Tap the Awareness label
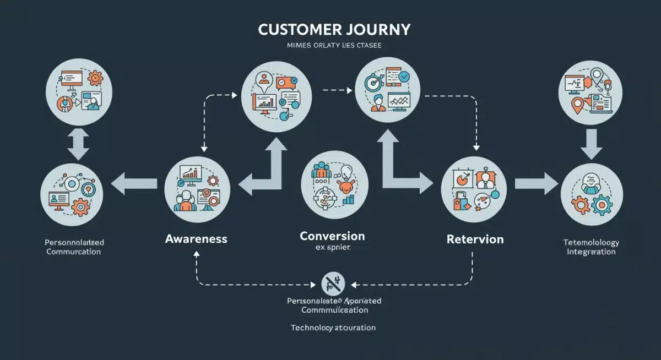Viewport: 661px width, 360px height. tap(196, 239)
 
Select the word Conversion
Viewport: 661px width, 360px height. tap(332, 236)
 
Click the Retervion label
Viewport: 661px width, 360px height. tap(475, 239)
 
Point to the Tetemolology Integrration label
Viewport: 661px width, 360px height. tap(592, 247)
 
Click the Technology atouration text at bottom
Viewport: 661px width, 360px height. tap(333, 328)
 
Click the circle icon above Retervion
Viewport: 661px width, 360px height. tap(474, 189)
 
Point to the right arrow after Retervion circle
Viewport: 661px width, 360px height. tap(535, 183)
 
